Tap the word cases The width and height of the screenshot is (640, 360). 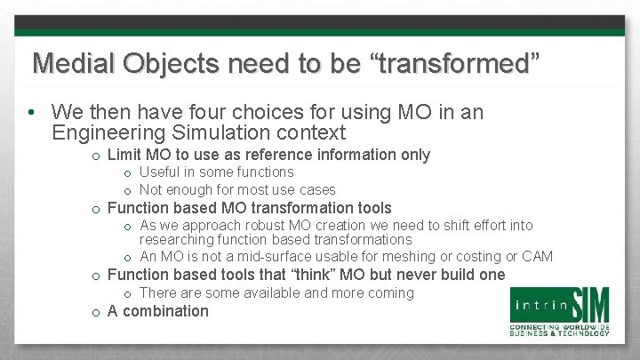click(316, 189)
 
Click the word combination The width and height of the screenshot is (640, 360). click(166, 311)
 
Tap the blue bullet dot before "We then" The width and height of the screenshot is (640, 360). click(30, 114)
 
